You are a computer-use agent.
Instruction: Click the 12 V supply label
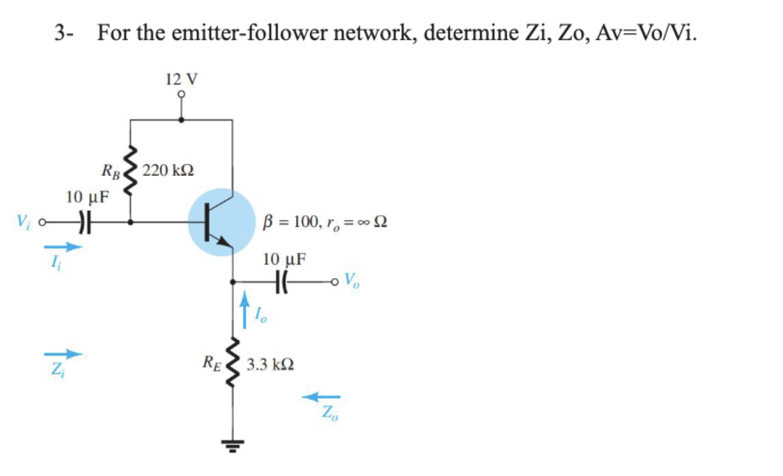click(181, 79)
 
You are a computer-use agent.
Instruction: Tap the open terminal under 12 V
click(181, 94)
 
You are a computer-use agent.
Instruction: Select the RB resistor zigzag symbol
click(130, 170)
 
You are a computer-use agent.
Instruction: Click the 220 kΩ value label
click(168, 171)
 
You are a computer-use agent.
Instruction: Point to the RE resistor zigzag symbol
click(233, 363)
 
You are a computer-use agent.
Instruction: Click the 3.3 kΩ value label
click(270, 365)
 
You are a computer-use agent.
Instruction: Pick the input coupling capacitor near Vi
click(85, 223)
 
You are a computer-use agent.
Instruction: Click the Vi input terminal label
click(23, 222)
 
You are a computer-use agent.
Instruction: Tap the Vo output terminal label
click(352, 280)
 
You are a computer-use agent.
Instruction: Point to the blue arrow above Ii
click(63, 247)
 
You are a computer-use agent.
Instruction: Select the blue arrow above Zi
click(63, 354)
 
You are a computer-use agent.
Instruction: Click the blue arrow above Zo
click(321, 397)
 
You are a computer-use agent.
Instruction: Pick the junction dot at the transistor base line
click(130, 223)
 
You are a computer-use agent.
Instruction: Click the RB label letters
click(111, 171)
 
